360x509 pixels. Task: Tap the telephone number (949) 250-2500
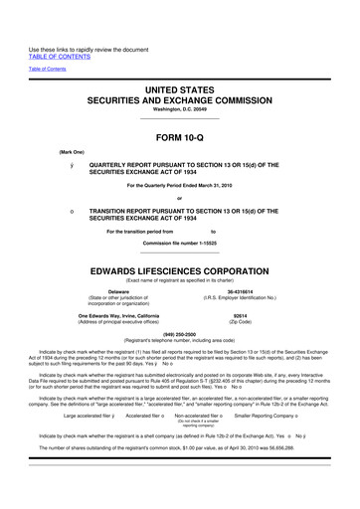pyautogui.click(x=180, y=335)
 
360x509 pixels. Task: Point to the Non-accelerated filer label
pyautogui.click(x=200, y=416)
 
